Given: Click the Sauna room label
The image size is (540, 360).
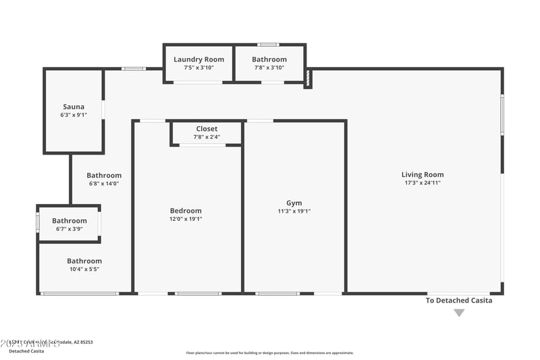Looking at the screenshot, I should click(74, 107).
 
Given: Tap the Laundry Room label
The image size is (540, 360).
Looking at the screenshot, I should click(198, 59).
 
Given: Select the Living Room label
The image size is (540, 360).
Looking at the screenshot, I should click(423, 174).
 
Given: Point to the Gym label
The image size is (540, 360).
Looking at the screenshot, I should click(294, 203).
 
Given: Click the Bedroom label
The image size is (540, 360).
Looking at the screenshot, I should click(186, 211).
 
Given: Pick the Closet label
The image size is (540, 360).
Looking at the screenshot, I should click(207, 129).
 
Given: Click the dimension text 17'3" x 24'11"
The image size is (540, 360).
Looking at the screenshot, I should click(423, 182).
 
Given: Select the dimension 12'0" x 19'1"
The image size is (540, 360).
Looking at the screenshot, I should click(186, 219).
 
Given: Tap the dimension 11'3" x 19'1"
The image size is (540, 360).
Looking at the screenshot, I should click(294, 211).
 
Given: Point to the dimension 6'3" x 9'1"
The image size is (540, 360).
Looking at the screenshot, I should click(74, 115).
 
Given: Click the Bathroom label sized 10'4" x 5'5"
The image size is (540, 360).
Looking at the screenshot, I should click(84, 261).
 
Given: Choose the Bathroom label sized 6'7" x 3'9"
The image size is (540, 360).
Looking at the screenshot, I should click(70, 221).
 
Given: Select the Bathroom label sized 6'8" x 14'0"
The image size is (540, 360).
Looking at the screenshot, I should click(104, 175).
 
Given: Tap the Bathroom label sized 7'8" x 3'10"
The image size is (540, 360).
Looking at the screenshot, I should click(269, 59).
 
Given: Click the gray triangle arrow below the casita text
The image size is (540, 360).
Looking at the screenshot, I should click(459, 313).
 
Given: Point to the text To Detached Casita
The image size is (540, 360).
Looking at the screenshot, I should click(459, 301).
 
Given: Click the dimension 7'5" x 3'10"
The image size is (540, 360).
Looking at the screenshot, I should click(198, 68).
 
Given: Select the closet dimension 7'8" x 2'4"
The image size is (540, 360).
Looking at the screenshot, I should click(207, 137).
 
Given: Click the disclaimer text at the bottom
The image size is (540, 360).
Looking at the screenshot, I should click(270, 353).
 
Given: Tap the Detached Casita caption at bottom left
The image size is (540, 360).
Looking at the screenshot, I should click(26, 351).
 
